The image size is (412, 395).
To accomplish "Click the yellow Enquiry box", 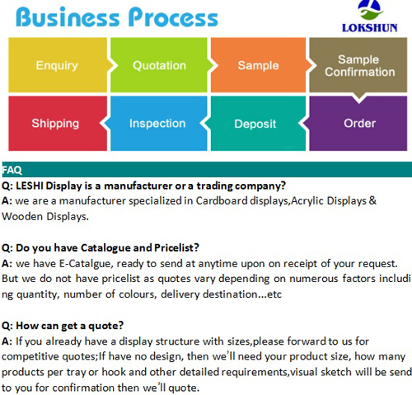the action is (58, 65).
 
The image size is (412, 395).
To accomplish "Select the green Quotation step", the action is (159, 65).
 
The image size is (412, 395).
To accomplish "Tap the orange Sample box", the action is (258, 65).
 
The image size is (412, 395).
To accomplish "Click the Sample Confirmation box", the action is (358, 65).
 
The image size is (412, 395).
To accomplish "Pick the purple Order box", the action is (358, 124).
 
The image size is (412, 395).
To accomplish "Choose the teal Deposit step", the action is (258, 124).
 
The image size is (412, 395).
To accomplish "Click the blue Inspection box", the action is (159, 124).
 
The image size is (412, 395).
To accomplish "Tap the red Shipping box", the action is (58, 124).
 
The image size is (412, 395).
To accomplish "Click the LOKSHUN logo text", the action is (370, 28).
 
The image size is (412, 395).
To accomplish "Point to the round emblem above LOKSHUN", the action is (370, 10).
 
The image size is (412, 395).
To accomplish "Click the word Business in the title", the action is (68, 17).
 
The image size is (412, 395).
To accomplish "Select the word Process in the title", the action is (173, 17).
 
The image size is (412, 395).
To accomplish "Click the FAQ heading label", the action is (12, 170).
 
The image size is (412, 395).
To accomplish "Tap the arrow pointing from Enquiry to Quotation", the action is (112, 65).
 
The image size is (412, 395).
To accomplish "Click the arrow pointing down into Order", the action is (358, 97).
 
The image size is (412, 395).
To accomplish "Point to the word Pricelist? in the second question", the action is (176, 248).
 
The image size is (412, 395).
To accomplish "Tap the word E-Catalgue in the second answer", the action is (85, 264).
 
